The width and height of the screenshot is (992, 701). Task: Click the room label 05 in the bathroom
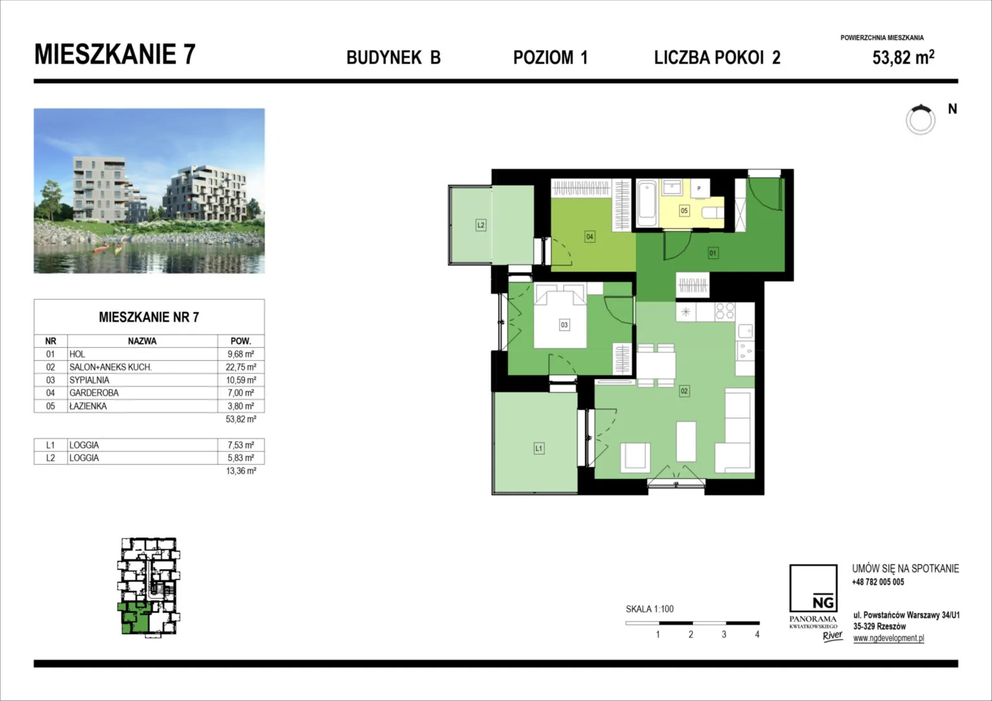(684, 211)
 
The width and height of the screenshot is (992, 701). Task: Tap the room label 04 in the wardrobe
(589, 236)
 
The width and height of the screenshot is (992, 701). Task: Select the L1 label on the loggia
(539, 449)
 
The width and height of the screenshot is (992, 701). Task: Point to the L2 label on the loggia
(481, 225)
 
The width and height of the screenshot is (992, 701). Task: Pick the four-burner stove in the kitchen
(725, 311)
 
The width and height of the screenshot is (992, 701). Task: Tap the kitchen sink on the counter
(745, 331)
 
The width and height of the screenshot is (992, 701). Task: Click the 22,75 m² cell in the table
(241, 367)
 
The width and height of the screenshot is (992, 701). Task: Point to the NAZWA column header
(142, 341)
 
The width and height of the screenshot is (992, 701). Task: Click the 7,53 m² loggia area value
(241, 445)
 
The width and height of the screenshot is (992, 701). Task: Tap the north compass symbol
(920, 119)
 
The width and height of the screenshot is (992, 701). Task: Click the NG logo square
(813, 588)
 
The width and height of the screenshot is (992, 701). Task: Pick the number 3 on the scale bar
(724, 635)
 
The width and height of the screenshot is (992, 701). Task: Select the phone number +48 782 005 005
(878, 582)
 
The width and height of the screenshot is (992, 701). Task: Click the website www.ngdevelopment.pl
(889, 638)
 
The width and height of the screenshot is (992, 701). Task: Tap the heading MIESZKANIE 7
(115, 55)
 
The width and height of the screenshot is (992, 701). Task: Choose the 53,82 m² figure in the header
(904, 57)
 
